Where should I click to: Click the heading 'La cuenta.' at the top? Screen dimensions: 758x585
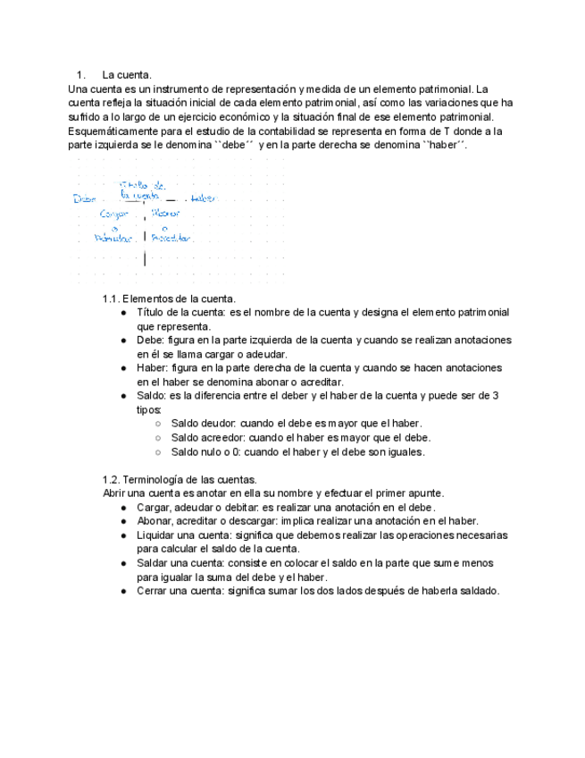(x=127, y=75)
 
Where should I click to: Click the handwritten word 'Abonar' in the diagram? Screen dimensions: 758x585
(x=165, y=214)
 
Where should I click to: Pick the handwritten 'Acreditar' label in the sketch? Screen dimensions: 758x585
(x=171, y=239)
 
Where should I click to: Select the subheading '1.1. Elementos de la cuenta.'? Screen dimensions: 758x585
(x=169, y=299)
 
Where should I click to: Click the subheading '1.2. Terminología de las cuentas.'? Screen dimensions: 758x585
(x=180, y=479)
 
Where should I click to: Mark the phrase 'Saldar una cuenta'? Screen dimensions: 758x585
(x=180, y=563)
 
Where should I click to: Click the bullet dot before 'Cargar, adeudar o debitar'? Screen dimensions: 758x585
(x=123, y=508)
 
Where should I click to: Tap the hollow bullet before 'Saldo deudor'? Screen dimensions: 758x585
(x=157, y=424)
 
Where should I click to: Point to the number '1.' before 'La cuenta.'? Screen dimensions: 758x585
(x=80, y=75)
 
